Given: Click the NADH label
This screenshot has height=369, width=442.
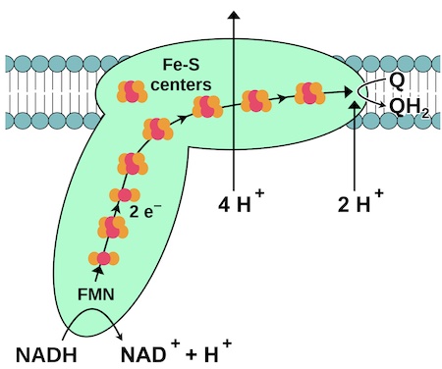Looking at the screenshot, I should (x=48, y=350).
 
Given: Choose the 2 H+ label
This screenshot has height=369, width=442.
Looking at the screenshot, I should (x=360, y=205).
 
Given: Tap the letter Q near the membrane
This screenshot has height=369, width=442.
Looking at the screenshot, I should (x=397, y=79).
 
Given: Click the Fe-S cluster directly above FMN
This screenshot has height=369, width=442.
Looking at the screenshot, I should (x=102, y=259).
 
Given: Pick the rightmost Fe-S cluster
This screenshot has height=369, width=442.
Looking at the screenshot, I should (x=309, y=95).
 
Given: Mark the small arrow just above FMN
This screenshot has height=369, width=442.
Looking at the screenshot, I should (x=100, y=276).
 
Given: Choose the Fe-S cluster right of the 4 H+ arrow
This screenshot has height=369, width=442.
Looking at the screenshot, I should (x=255, y=101).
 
